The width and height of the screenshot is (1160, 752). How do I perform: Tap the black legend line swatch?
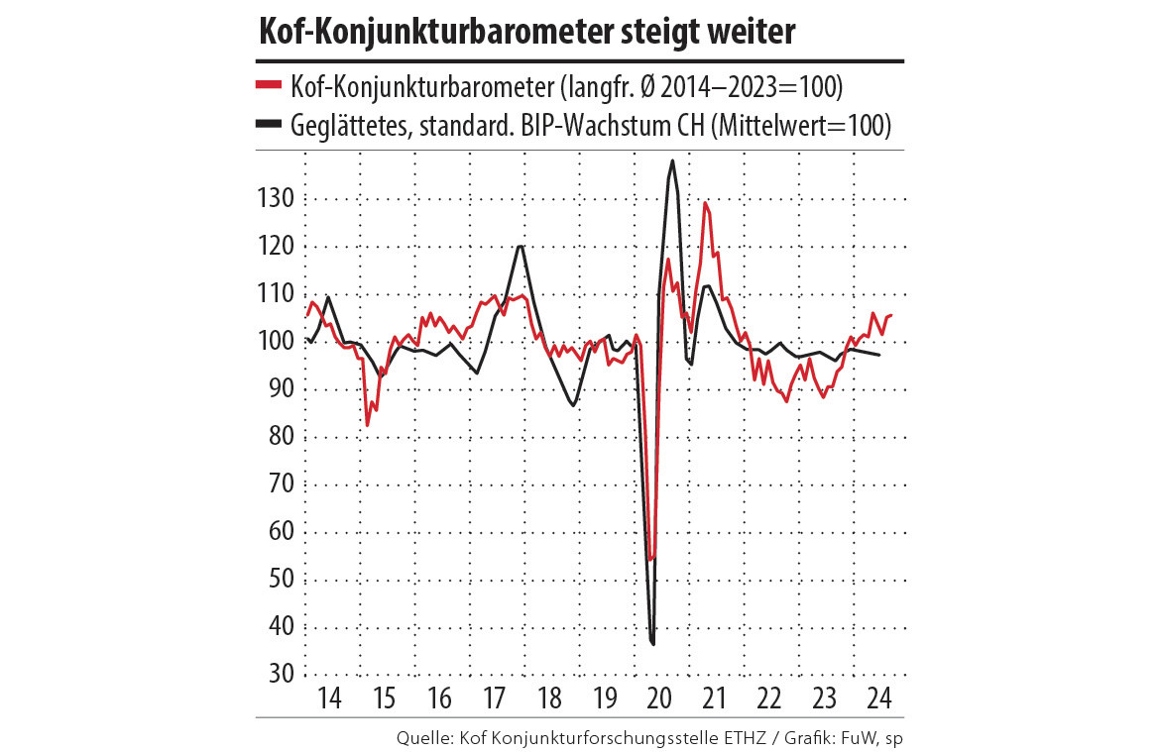(270, 125)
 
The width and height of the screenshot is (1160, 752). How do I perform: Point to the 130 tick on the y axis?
(278, 198)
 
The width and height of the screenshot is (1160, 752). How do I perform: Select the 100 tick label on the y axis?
(278, 341)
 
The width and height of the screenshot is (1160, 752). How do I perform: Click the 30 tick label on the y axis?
(283, 674)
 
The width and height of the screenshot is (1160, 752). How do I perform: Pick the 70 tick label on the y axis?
(283, 483)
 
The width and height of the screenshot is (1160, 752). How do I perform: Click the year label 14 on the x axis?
(330, 697)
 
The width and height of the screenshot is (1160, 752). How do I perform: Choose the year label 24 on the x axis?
(877, 697)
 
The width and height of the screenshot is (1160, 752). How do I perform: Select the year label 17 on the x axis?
(494, 697)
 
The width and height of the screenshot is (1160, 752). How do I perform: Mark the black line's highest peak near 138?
(673, 161)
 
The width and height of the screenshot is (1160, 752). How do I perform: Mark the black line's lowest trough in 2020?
(653, 644)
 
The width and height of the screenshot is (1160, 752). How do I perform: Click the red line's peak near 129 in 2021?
(705, 203)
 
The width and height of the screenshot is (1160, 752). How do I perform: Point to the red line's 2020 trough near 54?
(650, 560)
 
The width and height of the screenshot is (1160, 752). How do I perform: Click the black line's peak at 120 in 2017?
(520, 246)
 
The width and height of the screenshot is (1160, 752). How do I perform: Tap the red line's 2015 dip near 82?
(368, 425)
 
